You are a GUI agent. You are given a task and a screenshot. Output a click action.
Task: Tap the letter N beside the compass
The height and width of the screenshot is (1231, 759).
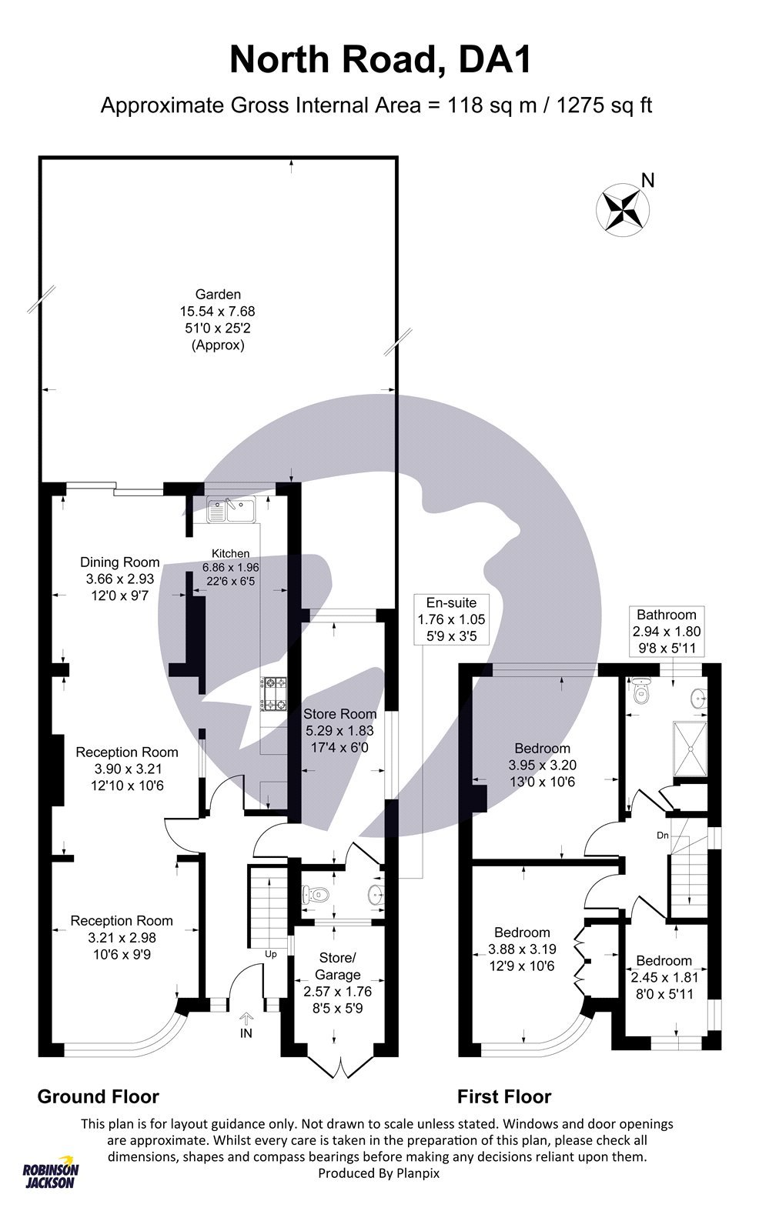648,181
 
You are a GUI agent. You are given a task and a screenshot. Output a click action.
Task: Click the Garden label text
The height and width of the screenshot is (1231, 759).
218,294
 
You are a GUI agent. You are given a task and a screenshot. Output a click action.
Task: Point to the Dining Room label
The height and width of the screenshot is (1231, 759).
119,562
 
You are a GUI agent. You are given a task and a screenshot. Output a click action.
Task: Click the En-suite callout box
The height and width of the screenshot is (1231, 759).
446,619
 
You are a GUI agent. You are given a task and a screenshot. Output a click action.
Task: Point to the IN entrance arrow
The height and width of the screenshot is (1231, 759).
246,1020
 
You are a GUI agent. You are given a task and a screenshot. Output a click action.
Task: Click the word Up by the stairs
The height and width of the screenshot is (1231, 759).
271,954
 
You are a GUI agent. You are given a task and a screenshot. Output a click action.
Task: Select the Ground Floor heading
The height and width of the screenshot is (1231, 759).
98,1096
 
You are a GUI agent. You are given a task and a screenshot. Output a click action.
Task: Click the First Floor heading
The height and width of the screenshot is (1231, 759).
504,1096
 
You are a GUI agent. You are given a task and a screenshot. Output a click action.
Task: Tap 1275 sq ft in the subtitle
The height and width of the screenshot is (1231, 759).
598,105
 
